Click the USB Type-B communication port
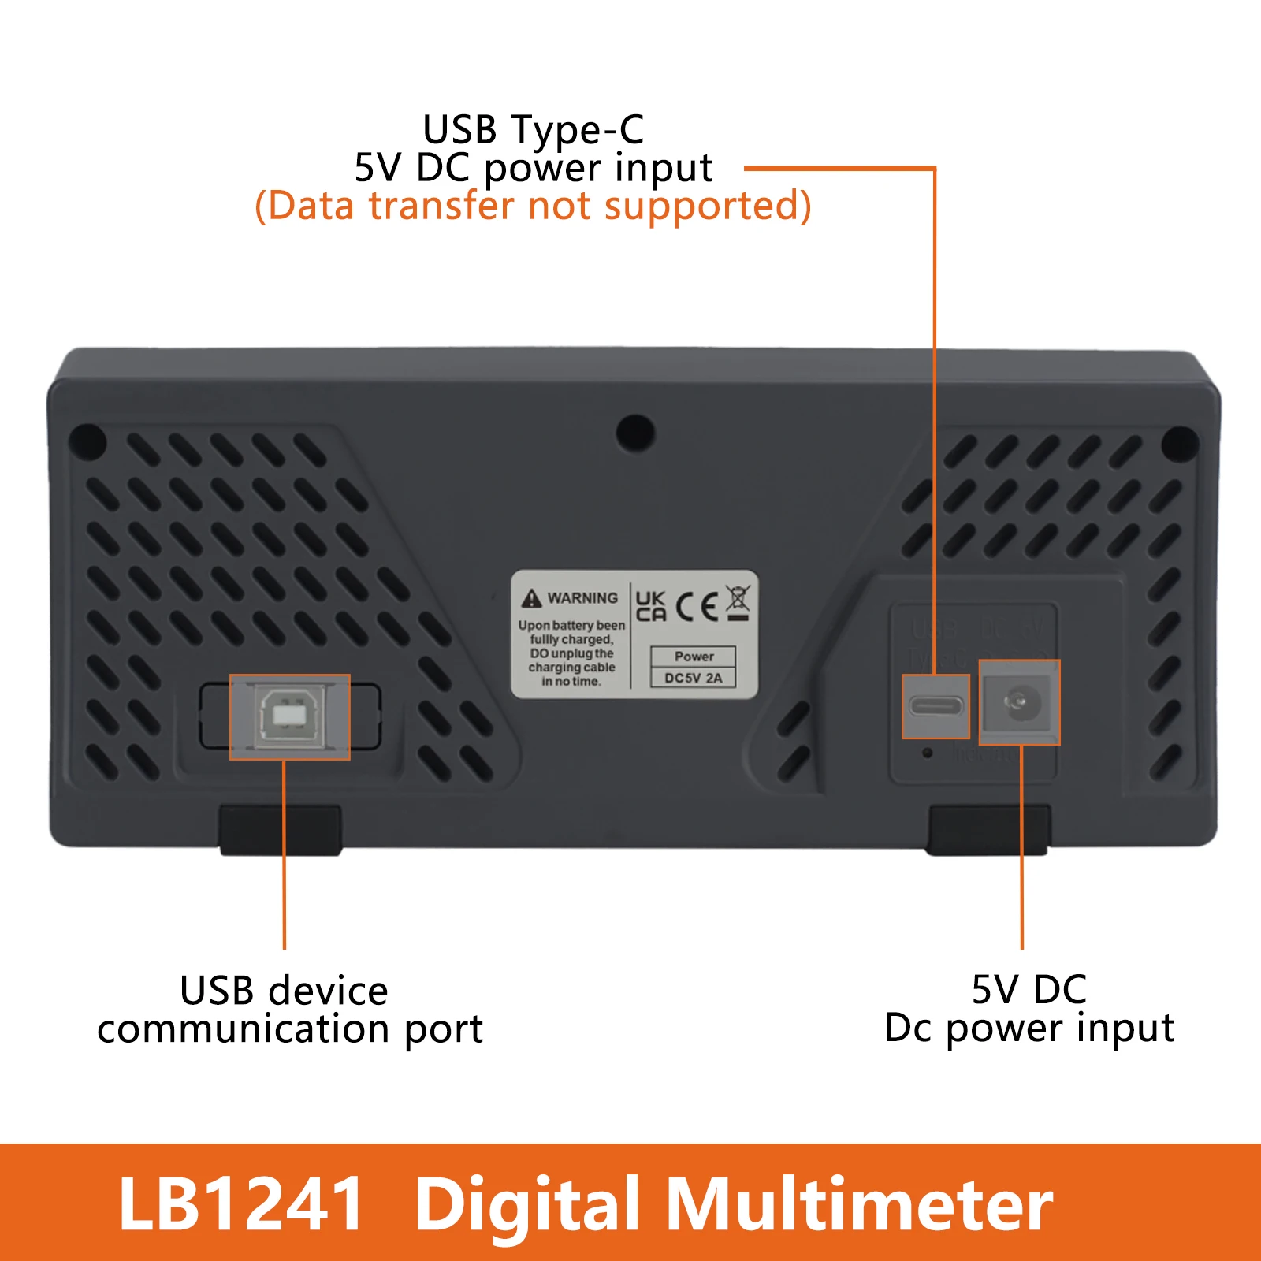(x=289, y=716)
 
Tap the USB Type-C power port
(x=936, y=705)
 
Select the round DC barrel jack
(x=1017, y=701)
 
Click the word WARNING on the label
(x=582, y=598)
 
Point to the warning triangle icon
(x=532, y=599)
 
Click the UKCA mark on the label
(x=651, y=606)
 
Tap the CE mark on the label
(x=697, y=606)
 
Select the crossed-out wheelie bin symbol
(x=738, y=603)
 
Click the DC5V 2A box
(x=693, y=678)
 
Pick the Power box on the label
(x=694, y=657)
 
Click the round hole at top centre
(x=635, y=433)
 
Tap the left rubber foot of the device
(x=280, y=830)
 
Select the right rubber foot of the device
(x=987, y=830)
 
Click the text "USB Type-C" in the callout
(x=533, y=130)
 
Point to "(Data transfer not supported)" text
(x=533, y=206)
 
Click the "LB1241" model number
(x=240, y=1203)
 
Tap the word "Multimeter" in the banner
(x=859, y=1203)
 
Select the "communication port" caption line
(x=289, y=1029)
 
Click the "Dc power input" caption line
(x=1029, y=1028)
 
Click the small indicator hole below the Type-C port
(x=928, y=753)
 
